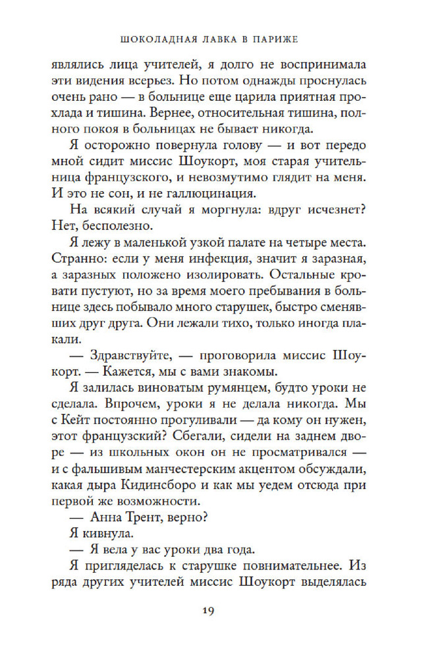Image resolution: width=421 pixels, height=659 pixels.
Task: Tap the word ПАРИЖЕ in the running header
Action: pos(273,39)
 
